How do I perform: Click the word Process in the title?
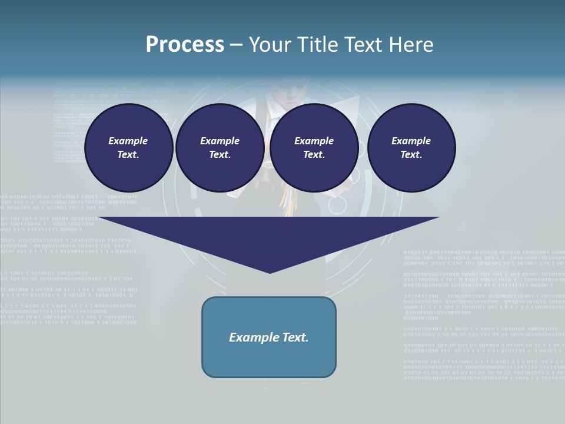tap(185, 45)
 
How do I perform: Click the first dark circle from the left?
tap(129, 148)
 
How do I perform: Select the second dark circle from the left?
tap(220, 148)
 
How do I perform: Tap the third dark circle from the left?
tap(314, 148)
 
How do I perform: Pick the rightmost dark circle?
tap(411, 148)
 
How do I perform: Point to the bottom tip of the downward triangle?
tap(270, 272)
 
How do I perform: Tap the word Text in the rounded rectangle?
tap(295, 337)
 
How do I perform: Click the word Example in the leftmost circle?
tap(128, 141)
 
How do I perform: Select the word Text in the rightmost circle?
tap(411, 155)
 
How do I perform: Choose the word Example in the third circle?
tap(314, 141)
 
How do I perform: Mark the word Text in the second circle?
tap(220, 155)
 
